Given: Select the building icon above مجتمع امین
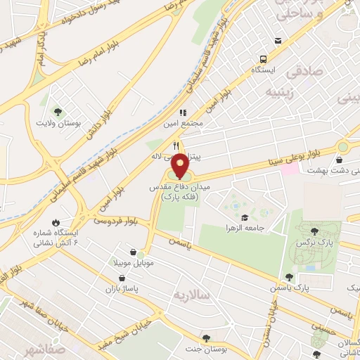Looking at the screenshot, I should tap(182, 112).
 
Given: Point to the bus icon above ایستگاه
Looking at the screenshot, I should tap(262, 59).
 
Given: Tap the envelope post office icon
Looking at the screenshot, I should tap(279, 41).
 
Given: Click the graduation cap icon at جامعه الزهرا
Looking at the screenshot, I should tap(243, 198).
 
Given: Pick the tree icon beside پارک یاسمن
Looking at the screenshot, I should tap(289, 277).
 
